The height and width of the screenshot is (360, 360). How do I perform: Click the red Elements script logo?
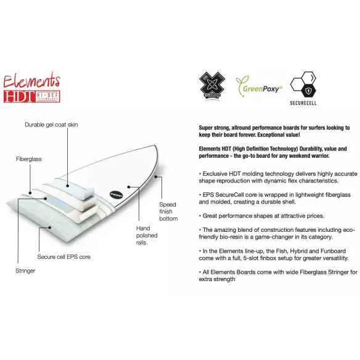tap(32, 80)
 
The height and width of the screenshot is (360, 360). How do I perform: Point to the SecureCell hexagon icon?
tap(303, 85)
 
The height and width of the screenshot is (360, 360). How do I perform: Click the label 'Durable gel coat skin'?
tap(51, 125)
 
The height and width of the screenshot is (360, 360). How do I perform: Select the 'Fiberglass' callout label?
tap(28, 159)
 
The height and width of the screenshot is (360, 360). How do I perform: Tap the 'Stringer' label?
tap(26, 270)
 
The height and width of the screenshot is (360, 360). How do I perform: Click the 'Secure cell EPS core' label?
tap(64, 256)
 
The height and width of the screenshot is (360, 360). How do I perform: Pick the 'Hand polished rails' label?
tap(147, 235)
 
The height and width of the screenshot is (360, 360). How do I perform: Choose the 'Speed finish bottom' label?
tap(168, 212)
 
